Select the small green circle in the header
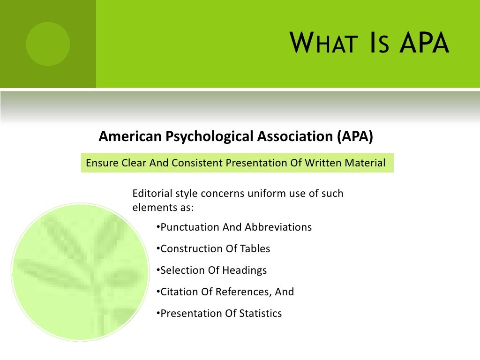pos(48,44)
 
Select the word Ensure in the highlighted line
pos(101,163)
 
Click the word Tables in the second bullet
pos(255,249)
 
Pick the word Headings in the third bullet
pos(245,270)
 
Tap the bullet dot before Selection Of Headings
pos(157,270)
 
